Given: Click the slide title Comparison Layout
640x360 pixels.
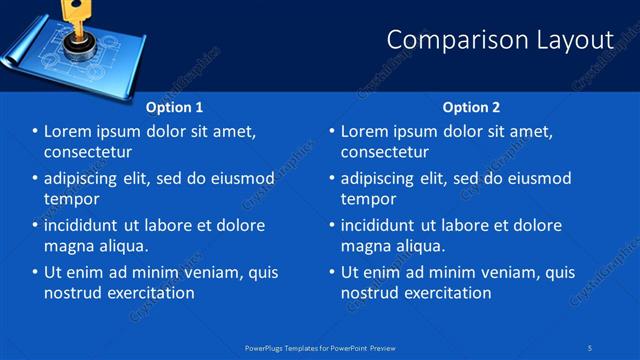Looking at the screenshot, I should [x=499, y=40].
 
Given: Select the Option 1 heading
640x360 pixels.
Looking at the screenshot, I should [x=174, y=107].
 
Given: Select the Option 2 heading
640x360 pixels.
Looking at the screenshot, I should [x=471, y=107].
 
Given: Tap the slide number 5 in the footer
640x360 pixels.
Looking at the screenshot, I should [x=591, y=347].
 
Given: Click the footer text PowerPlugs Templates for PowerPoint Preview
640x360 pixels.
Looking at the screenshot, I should [x=319, y=347].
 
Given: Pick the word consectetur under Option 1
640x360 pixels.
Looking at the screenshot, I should [x=88, y=152].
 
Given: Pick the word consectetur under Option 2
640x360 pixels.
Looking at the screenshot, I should [x=385, y=152].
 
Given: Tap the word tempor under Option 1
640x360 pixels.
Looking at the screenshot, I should [x=70, y=199].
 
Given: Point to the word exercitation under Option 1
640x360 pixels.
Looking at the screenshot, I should [x=147, y=293].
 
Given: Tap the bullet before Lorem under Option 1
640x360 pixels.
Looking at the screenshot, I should [x=35, y=131].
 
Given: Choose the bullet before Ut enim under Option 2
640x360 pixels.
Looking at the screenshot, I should [x=332, y=272].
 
